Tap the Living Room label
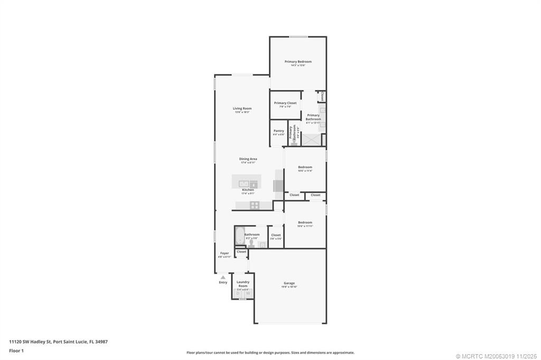(242, 108)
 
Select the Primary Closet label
(285, 103)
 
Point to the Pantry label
(278, 131)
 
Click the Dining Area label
(248, 159)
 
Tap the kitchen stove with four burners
(254, 205)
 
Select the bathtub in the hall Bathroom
(239, 236)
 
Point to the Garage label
(289, 283)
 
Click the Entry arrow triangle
(223, 277)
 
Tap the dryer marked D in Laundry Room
(238, 293)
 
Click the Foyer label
(225, 253)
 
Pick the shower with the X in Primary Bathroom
(312, 140)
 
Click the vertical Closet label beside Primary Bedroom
(322, 96)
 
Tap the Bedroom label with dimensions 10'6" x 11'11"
(305, 223)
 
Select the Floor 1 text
(16, 350)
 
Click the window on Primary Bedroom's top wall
(299, 36)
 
